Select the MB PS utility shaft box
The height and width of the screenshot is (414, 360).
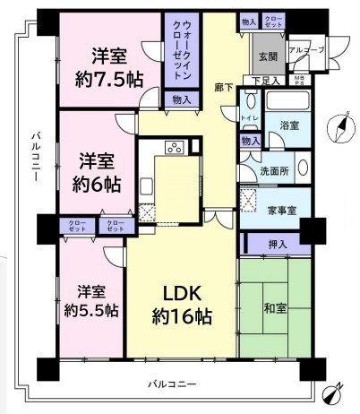point(300,82)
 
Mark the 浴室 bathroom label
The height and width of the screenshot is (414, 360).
point(288,125)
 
